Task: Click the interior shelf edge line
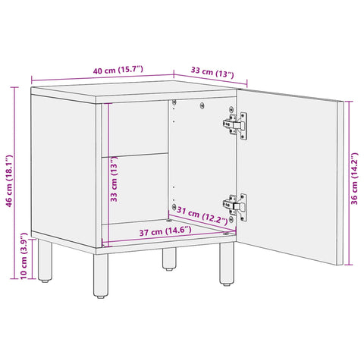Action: [137, 154]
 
